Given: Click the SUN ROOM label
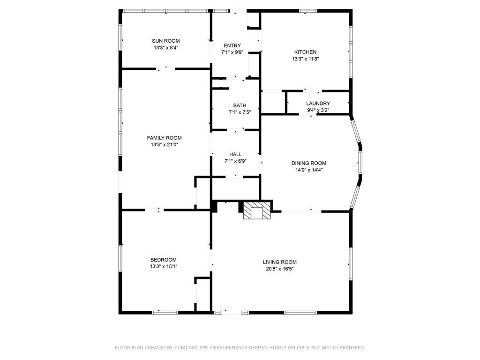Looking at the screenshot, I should point(165,41).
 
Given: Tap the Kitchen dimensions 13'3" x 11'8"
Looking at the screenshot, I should point(305,59).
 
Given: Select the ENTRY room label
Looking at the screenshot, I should point(232,45).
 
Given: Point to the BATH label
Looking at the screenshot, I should point(240,105).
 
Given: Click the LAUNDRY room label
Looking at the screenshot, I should point(318,104).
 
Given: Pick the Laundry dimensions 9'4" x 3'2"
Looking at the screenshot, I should point(318,111).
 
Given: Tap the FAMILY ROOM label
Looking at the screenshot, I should point(164,138).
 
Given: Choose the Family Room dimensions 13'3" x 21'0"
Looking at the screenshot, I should point(164,145).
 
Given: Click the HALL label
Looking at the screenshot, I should point(235,154).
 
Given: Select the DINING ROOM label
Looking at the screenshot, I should point(308,163).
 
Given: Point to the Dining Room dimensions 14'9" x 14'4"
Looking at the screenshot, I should point(308,170).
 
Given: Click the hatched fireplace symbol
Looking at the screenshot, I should point(257,211).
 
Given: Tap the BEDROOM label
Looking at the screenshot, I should point(163,260).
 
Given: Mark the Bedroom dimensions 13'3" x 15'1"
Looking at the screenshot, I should point(163,267).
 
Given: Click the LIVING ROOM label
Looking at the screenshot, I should point(279,262).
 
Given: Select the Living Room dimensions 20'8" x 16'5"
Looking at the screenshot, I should point(279,269).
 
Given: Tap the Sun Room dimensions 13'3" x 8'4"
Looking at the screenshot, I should point(165,48).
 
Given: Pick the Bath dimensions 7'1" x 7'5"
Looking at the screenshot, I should point(240,112).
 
